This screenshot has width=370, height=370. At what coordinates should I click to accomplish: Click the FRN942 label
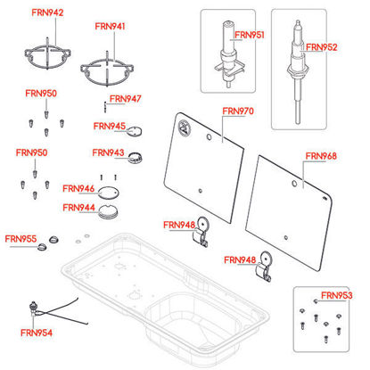coord(47,12)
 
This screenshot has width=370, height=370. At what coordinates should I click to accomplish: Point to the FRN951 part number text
coord(250,35)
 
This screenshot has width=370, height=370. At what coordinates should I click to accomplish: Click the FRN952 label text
coord(322,47)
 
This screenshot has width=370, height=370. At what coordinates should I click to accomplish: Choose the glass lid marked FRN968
coord(289,213)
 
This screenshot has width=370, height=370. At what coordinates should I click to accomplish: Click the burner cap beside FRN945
coord(135,131)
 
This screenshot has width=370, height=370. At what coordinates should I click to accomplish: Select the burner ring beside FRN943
coord(136,157)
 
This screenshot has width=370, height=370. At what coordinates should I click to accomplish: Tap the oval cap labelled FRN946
coord(109,193)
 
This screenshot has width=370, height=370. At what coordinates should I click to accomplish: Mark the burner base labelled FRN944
coord(108,212)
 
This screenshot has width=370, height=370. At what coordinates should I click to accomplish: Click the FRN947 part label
coord(126,99)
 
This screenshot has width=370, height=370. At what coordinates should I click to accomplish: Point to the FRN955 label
coord(21,239)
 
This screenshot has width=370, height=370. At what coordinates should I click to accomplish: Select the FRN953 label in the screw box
coord(337,295)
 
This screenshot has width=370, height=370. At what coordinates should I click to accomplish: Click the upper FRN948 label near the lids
coord(179,225)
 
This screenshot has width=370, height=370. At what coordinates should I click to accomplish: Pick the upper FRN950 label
coord(41,94)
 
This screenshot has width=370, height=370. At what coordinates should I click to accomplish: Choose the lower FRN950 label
coord(31,152)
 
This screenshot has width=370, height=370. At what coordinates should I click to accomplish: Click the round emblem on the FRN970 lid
coord(185,127)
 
